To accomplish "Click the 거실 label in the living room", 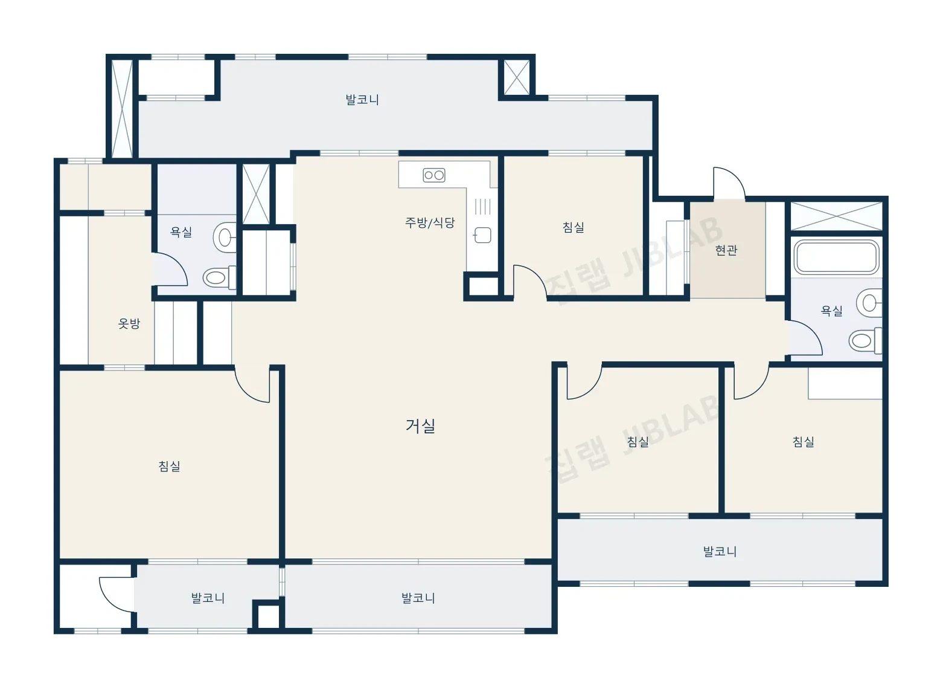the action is point(420,425).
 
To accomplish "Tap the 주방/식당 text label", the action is point(430,222).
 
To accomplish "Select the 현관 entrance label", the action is point(726,250).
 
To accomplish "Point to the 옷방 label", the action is point(129,324).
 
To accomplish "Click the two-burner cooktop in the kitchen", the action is point(433,175).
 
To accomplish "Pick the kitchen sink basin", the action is point(483,235).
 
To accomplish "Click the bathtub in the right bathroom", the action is point(836,257).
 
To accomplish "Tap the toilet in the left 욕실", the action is point(220,278).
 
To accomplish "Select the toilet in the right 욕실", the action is point(865,340).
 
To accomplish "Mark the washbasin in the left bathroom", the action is point(225,238).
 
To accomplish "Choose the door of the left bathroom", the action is point(170,270).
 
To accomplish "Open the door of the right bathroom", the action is point(805,338).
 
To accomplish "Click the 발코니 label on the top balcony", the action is point(362,100).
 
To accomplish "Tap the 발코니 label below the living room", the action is point(418,598).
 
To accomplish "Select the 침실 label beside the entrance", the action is point(574,227).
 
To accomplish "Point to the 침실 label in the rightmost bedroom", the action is point(804,442).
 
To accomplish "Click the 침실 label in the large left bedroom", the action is point(170,466).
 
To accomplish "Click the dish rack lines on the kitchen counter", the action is point(483,207).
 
